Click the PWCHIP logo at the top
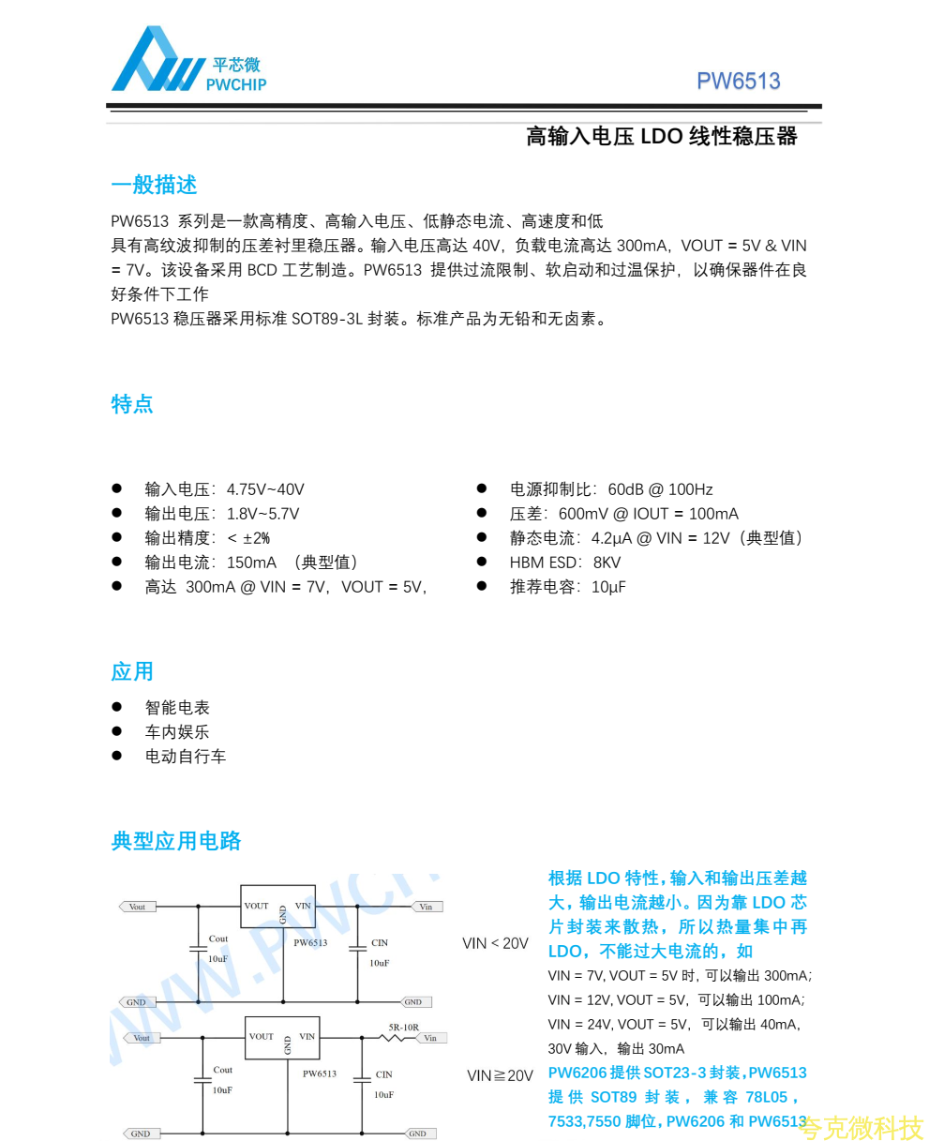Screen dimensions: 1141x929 pyautogui.click(x=188, y=60)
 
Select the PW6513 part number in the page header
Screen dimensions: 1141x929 pyautogui.click(x=738, y=82)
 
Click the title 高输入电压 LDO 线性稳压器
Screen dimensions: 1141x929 pyautogui.click(x=661, y=137)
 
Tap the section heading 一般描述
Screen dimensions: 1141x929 pyautogui.click(x=154, y=185)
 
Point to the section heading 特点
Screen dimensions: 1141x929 pyautogui.click(x=132, y=404)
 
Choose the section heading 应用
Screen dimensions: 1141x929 pyautogui.click(x=132, y=671)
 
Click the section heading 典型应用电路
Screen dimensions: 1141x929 pyautogui.click(x=176, y=841)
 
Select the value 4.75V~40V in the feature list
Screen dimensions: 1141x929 pyautogui.click(x=265, y=489)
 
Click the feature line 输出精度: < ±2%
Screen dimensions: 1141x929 pyautogui.click(x=207, y=538)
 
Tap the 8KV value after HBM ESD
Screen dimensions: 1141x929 pyautogui.click(x=607, y=563)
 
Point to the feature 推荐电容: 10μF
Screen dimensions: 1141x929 pyautogui.click(x=567, y=587)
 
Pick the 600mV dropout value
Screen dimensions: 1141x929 pyautogui.click(x=583, y=514)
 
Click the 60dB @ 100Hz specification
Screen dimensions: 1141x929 pyautogui.click(x=660, y=489)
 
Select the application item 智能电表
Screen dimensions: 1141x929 pyautogui.click(x=177, y=708)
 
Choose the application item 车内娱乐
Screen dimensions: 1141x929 pyautogui.click(x=177, y=732)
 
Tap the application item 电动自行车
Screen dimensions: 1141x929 pyautogui.click(x=186, y=757)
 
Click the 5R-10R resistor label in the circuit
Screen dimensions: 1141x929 pyautogui.click(x=404, y=1028)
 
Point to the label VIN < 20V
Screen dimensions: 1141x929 pyautogui.click(x=495, y=943)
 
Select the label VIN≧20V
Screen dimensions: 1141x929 pyautogui.click(x=500, y=1075)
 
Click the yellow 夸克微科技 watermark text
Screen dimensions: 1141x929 pyautogui.click(x=863, y=1127)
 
